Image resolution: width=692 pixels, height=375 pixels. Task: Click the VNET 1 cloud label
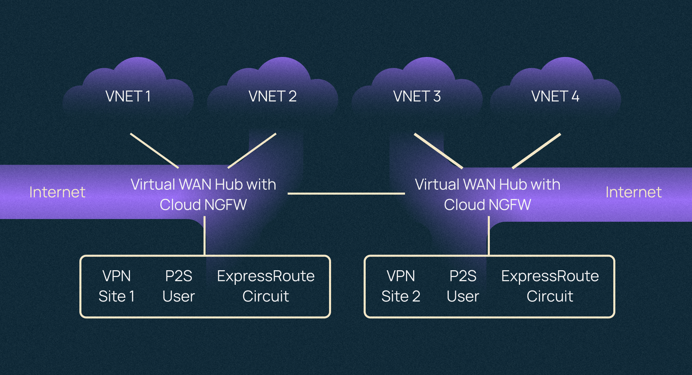pos(128,96)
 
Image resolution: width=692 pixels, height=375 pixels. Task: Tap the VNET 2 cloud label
pos(272,96)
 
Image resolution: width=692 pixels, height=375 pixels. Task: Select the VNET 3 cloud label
pos(417,96)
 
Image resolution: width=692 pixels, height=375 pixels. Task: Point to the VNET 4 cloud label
pos(555,96)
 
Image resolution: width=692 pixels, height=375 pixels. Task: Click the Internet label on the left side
pos(57,192)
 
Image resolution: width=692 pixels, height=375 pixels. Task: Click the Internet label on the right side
pos(633,192)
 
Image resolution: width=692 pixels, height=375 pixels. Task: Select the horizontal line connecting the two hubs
pos(346,194)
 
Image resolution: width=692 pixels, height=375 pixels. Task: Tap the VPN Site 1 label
pos(116,286)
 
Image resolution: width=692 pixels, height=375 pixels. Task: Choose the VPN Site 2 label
pos(401,286)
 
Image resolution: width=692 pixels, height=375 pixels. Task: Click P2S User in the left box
pos(178,286)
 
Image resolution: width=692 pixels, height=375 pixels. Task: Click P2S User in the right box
pos(463,286)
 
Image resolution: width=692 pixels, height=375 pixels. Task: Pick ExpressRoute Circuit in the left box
pos(266,286)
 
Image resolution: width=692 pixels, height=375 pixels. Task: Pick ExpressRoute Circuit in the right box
pos(550,286)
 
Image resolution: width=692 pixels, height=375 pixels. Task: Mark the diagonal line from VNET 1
pos(154,151)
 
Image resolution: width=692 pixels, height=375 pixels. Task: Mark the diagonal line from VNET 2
pos(252,151)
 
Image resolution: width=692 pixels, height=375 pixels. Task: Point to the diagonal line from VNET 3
pos(438,151)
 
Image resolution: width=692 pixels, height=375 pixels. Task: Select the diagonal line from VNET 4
pos(536,151)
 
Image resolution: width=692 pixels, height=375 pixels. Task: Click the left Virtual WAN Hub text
pos(203,195)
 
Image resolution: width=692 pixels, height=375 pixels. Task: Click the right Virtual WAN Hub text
pos(487,195)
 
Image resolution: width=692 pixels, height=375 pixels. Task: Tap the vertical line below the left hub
pos(205,236)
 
